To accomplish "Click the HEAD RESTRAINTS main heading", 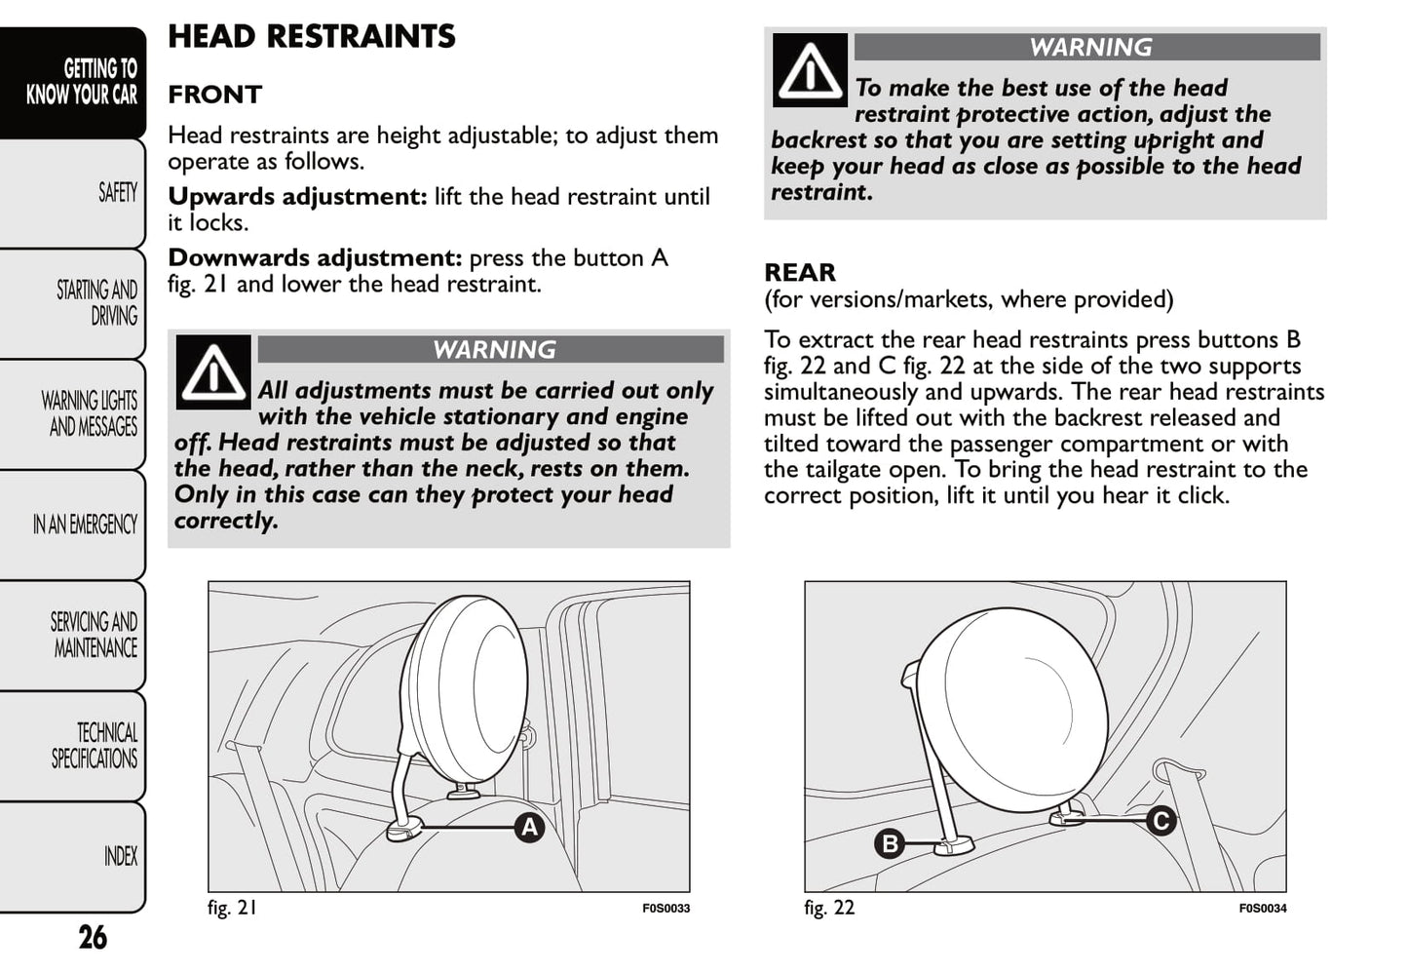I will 311,37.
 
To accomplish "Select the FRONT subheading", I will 214,95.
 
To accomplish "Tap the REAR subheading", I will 799,272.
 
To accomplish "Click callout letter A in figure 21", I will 529,828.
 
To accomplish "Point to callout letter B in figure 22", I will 889,843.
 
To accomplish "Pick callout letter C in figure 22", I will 1161,821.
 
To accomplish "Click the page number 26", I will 93,937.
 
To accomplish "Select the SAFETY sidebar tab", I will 117,193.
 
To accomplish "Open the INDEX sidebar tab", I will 120,856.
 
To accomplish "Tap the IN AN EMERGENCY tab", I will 85,525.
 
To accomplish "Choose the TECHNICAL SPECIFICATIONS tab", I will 95,746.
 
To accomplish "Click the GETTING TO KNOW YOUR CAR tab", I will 82,82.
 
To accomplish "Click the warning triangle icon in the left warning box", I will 213,372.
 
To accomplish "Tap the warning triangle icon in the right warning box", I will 810,70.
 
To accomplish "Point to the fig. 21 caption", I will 233,908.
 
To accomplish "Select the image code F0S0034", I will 1262,909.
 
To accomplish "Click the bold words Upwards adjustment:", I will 297,197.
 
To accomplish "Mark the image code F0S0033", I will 666,909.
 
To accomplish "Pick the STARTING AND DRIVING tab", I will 96,303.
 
